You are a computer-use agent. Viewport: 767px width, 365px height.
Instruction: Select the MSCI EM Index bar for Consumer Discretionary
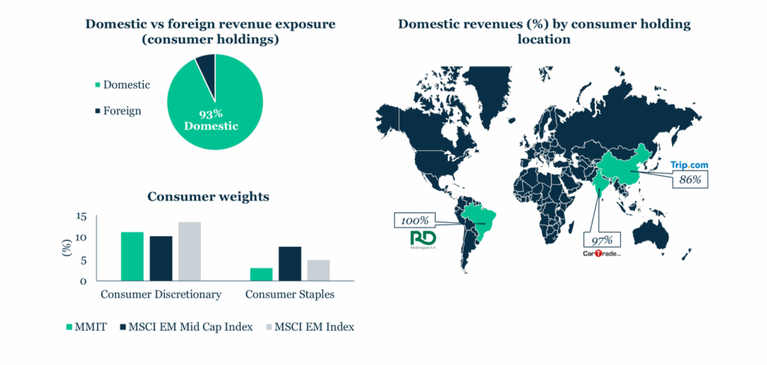click(x=190, y=251)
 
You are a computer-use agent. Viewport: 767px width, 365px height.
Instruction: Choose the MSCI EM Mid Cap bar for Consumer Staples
click(x=290, y=263)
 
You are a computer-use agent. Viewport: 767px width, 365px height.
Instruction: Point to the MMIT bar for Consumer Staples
click(x=261, y=274)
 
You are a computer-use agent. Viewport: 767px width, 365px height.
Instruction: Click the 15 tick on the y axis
click(x=81, y=217)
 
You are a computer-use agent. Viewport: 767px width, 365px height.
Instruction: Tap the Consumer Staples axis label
click(x=289, y=295)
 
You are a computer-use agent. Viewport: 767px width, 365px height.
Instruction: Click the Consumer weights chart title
click(x=208, y=197)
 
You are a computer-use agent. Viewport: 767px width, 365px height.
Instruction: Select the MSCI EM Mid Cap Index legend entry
click(x=187, y=327)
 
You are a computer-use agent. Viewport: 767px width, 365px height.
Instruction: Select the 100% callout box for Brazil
click(x=413, y=221)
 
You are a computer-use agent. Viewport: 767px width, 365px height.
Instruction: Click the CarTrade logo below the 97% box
click(x=602, y=254)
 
